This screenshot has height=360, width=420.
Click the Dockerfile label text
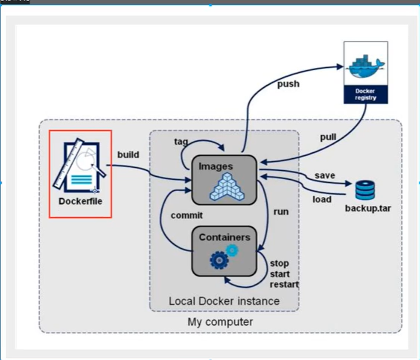click(80, 201)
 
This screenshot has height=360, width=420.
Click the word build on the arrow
click(128, 155)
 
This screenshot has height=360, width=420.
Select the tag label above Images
click(181, 142)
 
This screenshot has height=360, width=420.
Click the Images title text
click(216, 166)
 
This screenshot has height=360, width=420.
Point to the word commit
click(186, 215)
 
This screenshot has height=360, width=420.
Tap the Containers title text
click(224, 237)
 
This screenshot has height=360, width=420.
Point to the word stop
click(279, 263)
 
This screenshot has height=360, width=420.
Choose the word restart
click(284, 284)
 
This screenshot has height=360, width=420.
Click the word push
click(288, 84)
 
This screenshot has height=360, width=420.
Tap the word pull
click(328, 137)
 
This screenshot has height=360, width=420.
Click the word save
click(324, 176)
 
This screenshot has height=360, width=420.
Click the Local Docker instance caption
click(224, 301)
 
